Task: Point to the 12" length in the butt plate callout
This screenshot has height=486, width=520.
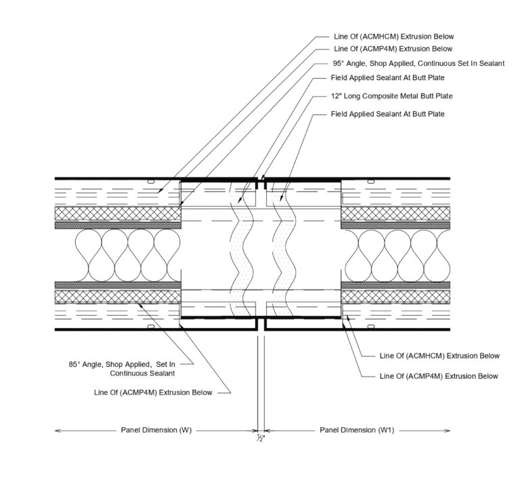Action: click(336, 96)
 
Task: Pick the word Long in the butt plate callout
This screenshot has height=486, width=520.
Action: click(351, 96)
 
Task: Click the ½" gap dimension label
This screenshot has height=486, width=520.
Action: click(260, 439)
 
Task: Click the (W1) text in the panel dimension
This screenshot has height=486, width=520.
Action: click(389, 430)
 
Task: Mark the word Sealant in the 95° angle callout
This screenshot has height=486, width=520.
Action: click(491, 64)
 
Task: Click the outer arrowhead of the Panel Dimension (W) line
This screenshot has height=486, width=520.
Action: click(57, 430)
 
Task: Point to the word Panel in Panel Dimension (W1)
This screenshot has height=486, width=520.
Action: click(329, 430)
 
